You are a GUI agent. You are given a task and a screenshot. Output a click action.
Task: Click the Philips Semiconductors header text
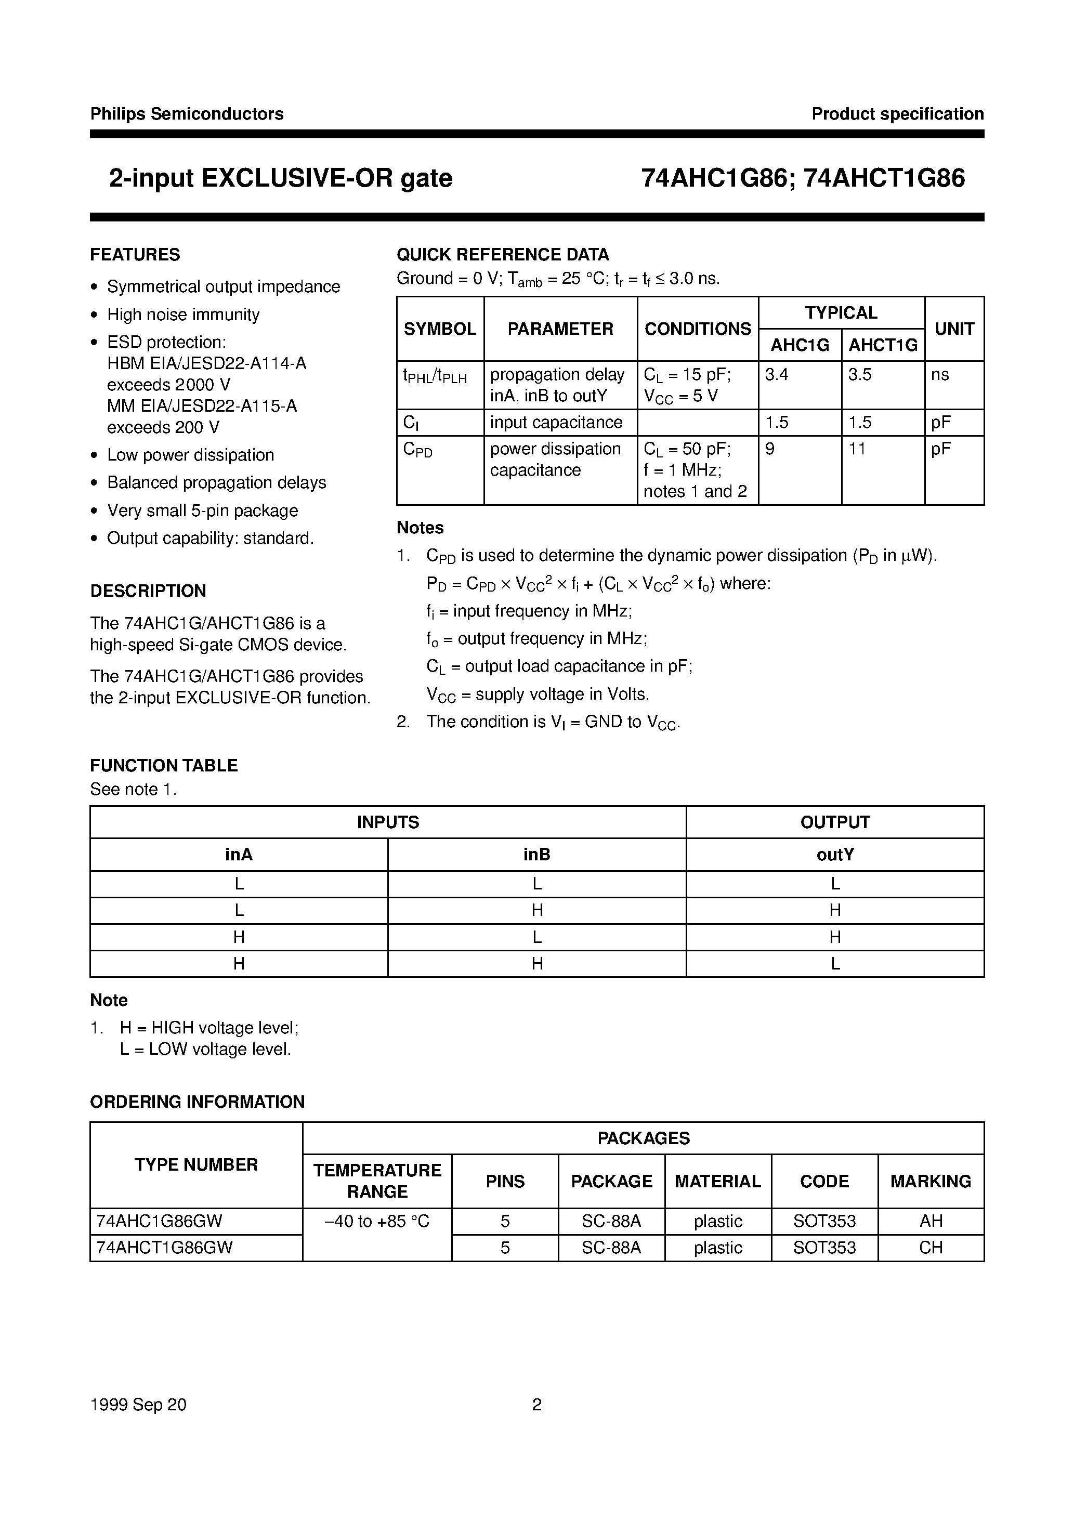[x=187, y=114]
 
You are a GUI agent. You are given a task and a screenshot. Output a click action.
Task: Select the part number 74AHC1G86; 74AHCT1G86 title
[x=803, y=179]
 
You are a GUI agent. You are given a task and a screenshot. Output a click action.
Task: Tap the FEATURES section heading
[x=135, y=255]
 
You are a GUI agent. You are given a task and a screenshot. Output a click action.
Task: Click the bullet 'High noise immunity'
[x=183, y=315]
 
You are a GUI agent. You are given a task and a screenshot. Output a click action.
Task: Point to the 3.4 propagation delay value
[x=777, y=375]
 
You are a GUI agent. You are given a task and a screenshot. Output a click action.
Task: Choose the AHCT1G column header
[x=883, y=345]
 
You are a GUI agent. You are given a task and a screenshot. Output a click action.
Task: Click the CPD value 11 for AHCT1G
[x=857, y=449]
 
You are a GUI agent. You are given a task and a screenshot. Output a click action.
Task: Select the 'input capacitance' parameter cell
[x=556, y=423]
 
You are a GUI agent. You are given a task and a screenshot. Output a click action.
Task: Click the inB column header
[x=536, y=855]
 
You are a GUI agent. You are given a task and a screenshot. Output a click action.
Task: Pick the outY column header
[x=835, y=855]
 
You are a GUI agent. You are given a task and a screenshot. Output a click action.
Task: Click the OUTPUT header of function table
[x=835, y=822]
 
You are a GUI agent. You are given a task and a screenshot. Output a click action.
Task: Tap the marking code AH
[x=931, y=1221]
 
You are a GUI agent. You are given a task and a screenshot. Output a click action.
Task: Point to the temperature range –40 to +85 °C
[x=377, y=1221]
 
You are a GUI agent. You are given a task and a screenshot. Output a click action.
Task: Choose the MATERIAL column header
[x=718, y=1182]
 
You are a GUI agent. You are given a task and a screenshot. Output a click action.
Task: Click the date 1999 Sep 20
[x=138, y=1405]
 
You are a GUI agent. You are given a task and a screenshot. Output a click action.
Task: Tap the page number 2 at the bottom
[x=537, y=1405]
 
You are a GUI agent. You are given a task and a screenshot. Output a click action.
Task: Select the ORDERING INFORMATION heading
[x=198, y=1102]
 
